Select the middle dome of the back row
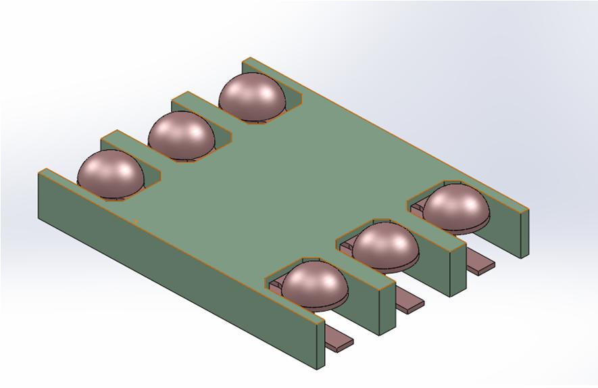coord(181,135)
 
